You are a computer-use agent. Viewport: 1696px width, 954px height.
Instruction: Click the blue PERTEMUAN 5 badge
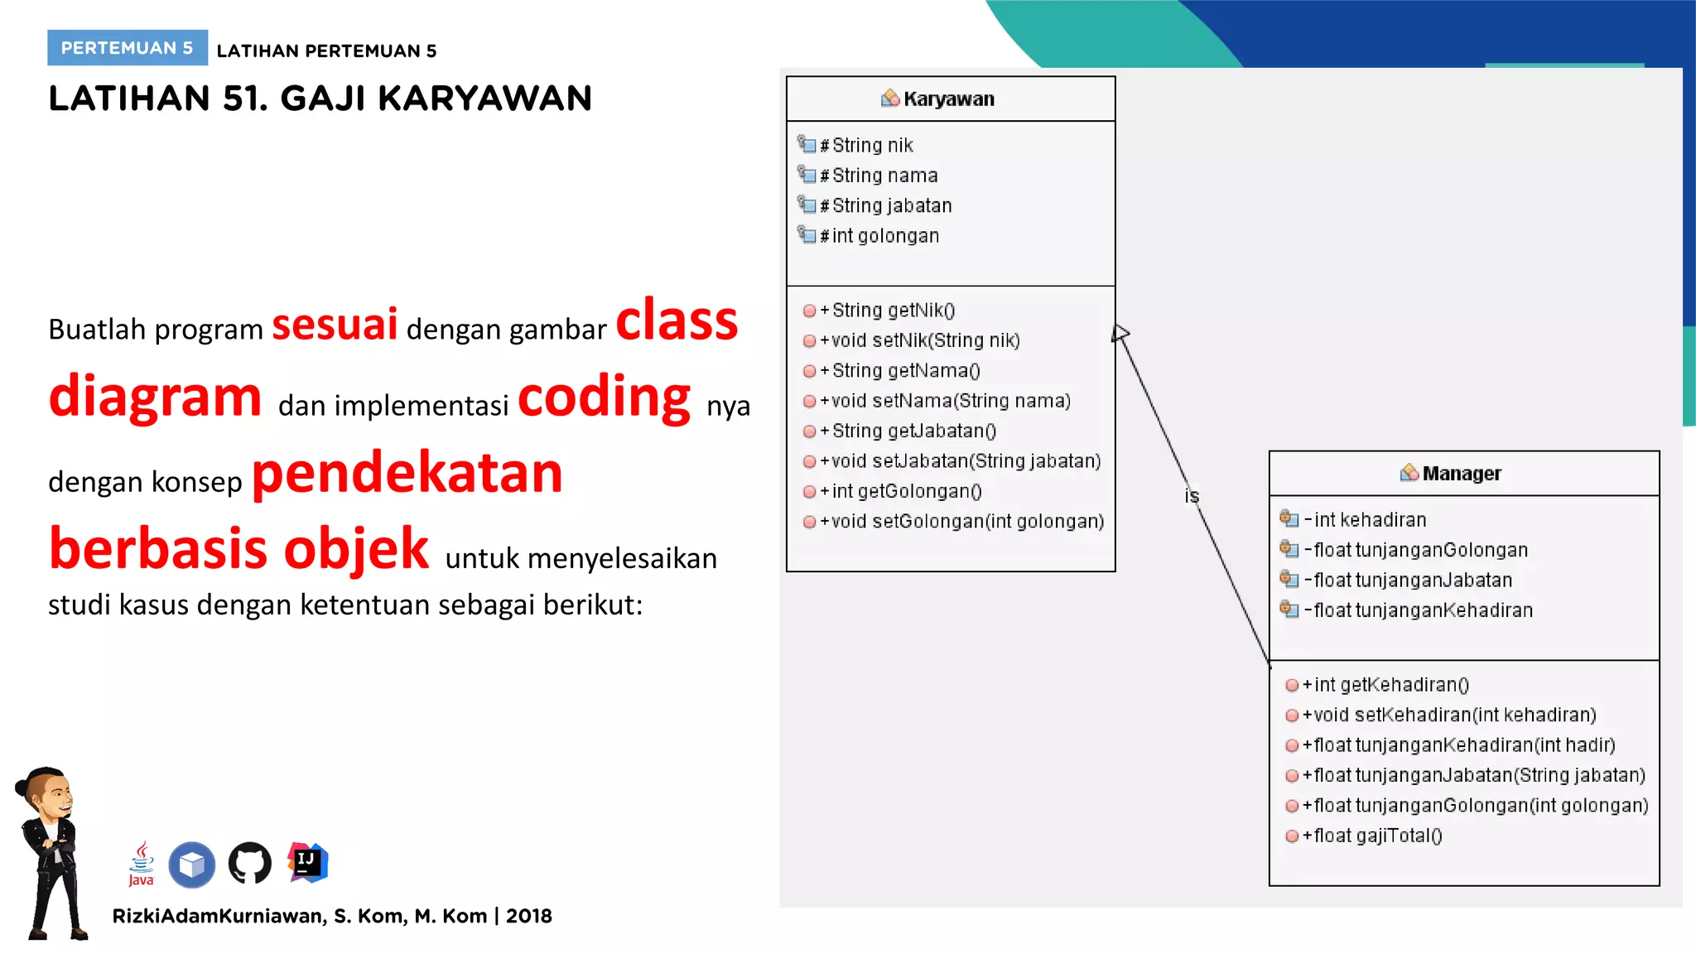[x=127, y=48]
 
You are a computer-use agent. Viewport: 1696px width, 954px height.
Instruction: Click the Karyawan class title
[x=947, y=99]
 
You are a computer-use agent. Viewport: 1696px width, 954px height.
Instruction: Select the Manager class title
[x=1461, y=474]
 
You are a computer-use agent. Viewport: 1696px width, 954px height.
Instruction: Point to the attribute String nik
[x=871, y=146]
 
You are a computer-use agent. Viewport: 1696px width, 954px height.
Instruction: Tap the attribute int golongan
[x=884, y=236]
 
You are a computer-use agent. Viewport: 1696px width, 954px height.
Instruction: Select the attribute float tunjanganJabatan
[x=1412, y=581]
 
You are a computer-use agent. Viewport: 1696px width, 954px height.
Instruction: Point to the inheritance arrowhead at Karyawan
[x=1120, y=334]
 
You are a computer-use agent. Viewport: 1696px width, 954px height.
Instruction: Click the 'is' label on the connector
[x=1191, y=496]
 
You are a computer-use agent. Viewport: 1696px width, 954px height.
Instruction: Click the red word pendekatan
[x=407, y=474]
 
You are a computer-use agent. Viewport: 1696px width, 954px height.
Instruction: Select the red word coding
[x=604, y=397]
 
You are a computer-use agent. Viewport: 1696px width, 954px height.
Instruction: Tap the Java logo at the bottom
[x=142, y=863]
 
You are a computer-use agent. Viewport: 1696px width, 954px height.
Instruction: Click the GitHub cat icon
[x=249, y=864]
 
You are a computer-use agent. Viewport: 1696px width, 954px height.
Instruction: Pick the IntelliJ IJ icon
[x=307, y=862]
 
